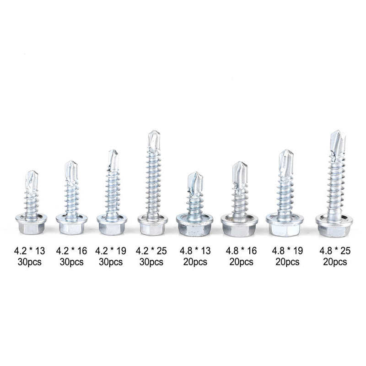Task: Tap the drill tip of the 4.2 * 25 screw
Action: click(154, 140)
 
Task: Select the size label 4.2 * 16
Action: click(71, 251)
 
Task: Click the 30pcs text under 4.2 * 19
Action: click(111, 262)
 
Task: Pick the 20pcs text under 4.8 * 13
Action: click(194, 262)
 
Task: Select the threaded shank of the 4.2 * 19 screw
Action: click(113, 192)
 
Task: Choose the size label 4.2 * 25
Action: click(151, 251)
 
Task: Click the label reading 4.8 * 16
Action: click(241, 251)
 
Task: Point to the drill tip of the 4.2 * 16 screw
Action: click(71, 170)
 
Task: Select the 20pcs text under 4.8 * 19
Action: click(286, 262)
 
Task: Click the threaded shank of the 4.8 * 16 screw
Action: click(240, 201)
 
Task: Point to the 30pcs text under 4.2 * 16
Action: click(71, 262)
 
